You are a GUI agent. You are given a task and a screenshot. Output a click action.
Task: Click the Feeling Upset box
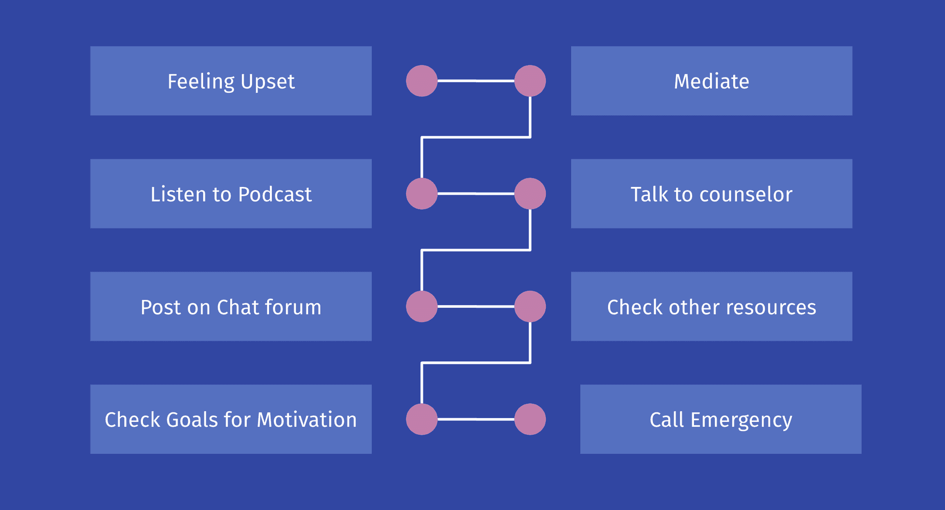(x=231, y=81)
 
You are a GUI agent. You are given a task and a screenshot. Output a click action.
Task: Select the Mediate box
(x=712, y=81)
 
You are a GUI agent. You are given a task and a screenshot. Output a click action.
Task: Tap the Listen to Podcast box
(x=231, y=194)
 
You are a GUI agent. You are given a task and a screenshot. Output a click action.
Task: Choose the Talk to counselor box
(x=712, y=194)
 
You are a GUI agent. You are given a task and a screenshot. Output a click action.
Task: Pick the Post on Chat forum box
(x=231, y=306)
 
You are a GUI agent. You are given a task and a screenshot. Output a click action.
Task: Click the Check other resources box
(x=712, y=306)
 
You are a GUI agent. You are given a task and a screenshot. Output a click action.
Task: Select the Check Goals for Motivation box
(x=231, y=419)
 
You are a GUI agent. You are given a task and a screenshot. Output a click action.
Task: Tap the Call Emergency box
(x=721, y=419)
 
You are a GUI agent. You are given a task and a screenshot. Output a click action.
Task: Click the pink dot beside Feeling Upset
(x=422, y=81)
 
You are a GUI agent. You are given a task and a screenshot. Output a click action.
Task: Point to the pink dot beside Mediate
(x=530, y=81)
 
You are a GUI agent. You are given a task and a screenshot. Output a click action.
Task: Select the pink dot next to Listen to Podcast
(x=422, y=194)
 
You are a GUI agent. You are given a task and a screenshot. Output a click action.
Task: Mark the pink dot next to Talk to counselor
(x=530, y=194)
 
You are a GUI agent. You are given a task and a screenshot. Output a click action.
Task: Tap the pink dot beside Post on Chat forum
(x=422, y=306)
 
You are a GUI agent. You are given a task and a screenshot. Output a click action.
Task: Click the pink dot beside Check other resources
(x=530, y=306)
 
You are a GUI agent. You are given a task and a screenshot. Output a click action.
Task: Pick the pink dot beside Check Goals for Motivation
(x=422, y=419)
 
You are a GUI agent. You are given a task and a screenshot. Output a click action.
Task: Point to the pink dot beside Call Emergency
(x=530, y=419)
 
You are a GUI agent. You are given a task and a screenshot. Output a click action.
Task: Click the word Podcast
(x=275, y=194)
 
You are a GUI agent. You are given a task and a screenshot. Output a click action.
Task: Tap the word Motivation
(x=307, y=420)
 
